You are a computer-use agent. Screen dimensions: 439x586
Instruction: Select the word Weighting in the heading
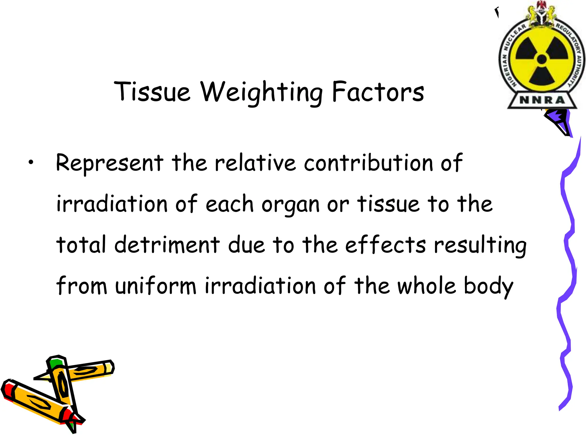pos(261,92)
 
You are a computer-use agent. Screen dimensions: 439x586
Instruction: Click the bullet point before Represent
pos(31,163)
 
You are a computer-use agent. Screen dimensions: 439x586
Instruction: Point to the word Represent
pos(110,163)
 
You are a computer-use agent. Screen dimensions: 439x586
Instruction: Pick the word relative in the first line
pos(255,163)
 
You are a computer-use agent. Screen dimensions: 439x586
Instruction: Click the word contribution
pos(369,163)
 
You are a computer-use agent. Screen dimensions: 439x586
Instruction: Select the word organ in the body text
pos(290,205)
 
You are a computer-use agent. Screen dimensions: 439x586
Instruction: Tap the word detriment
pos(167,245)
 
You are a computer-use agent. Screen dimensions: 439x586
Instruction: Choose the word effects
pos(385,245)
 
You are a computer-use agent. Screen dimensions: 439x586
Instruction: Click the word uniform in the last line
pos(156,286)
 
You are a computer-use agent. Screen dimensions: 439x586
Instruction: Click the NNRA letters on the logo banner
pos(542,100)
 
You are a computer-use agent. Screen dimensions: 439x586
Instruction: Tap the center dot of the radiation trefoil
pos(542,59)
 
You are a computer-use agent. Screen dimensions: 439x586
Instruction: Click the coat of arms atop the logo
pos(542,13)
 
